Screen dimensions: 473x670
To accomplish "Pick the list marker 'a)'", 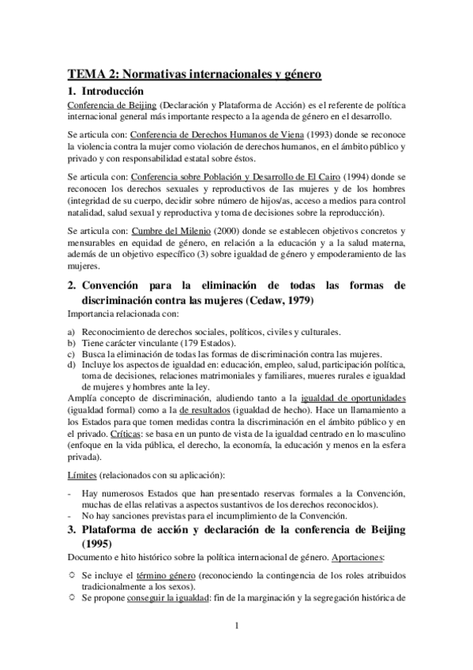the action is pos(72,332).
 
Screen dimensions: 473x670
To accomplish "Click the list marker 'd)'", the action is pos(72,364).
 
